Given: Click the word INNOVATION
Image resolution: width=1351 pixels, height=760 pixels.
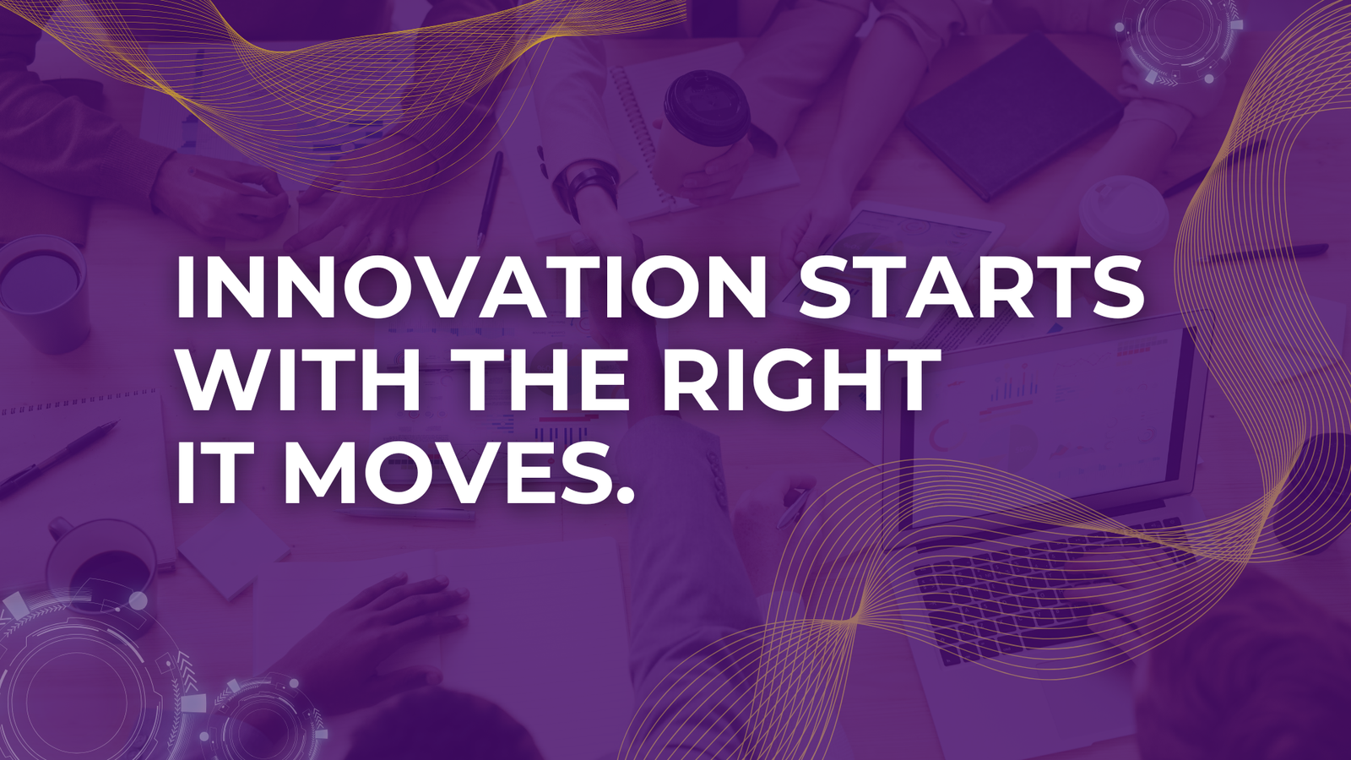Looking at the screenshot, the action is (x=471, y=286).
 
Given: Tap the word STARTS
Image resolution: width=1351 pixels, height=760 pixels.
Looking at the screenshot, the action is (x=971, y=286).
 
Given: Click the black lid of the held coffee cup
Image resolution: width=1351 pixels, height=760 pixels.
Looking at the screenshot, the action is (x=706, y=100).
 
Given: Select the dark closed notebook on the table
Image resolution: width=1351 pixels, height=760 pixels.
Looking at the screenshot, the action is (x=1013, y=115).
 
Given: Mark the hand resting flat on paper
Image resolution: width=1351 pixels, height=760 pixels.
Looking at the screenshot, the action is (x=386, y=627).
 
